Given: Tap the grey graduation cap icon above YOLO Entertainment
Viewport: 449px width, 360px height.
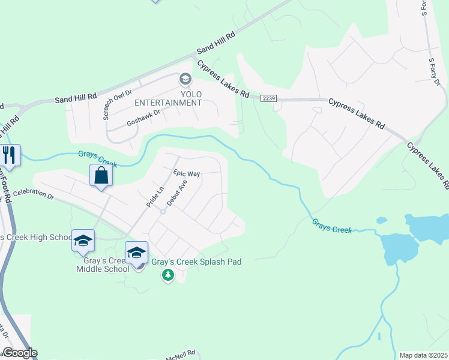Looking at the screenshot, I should pos(185,79).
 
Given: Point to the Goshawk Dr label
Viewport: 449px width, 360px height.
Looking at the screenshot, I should pos(144,118).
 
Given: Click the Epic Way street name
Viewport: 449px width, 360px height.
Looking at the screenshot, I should pos(186,173).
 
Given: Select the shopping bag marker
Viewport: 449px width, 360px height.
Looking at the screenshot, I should pos(101,176).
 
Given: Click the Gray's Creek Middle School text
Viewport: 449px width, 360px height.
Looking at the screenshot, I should pos(103,265).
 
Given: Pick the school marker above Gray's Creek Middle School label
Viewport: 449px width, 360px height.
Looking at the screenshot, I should pos(83,241).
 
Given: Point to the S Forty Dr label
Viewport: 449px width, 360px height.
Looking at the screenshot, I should pos(434,71).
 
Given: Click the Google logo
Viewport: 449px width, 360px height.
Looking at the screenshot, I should pos(19,353).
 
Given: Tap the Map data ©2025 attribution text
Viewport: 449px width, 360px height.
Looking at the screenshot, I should pos(423,355).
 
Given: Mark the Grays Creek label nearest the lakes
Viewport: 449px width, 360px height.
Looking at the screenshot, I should pos(331,226).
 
